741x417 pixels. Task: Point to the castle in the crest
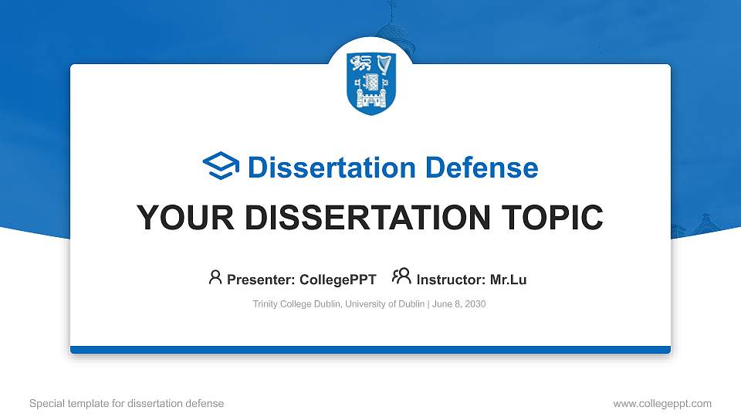click(370, 97)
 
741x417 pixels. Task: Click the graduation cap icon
click(222, 167)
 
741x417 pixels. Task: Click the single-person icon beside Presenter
click(215, 277)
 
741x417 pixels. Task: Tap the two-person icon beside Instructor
click(401, 276)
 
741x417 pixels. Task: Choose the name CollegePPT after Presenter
click(338, 280)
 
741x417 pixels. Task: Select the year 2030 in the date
click(474, 304)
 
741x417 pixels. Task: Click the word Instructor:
click(451, 280)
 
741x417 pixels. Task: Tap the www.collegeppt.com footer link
click(661, 403)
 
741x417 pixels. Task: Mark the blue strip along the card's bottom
click(370, 350)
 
